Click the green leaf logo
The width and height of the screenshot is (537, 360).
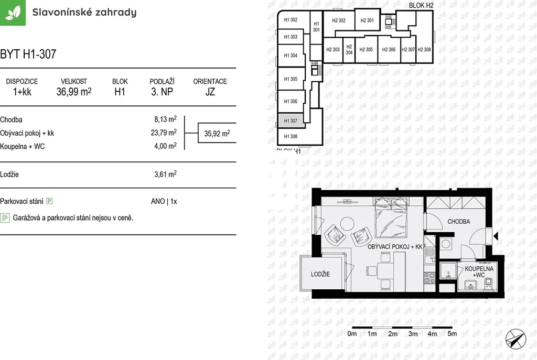pyautogui.click(x=13, y=13)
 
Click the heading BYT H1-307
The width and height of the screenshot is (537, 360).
pyautogui.click(x=28, y=54)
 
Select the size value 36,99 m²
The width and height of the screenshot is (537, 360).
pyautogui.click(x=74, y=92)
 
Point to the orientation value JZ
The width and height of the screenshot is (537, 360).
pyautogui.click(x=210, y=92)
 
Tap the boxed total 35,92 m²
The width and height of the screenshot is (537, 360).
pyautogui.click(x=217, y=133)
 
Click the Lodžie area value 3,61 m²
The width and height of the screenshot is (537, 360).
pyautogui.click(x=165, y=174)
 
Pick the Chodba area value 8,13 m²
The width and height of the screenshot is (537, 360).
pyautogui.click(x=165, y=119)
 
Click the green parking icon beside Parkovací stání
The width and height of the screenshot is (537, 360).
pyautogui.click(x=50, y=201)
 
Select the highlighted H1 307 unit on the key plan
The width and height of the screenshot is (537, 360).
pyautogui.click(x=291, y=121)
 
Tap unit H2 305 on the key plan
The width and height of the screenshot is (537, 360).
pyautogui.click(x=366, y=50)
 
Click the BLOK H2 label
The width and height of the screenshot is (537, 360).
pyautogui.click(x=421, y=5)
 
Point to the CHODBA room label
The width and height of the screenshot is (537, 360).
pyautogui.click(x=458, y=222)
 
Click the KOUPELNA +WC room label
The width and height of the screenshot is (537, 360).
pyautogui.click(x=479, y=272)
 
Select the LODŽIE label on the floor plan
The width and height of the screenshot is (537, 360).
pyautogui.click(x=320, y=274)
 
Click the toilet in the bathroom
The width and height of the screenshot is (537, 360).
pyautogui.click(x=488, y=282)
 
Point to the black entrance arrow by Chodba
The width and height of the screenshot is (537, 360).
pyautogui.click(x=496, y=236)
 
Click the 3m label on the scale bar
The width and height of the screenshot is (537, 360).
pyautogui.click(x=413, y=334)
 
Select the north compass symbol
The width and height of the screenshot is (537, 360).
pyautogui.click(x=516, y=339)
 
